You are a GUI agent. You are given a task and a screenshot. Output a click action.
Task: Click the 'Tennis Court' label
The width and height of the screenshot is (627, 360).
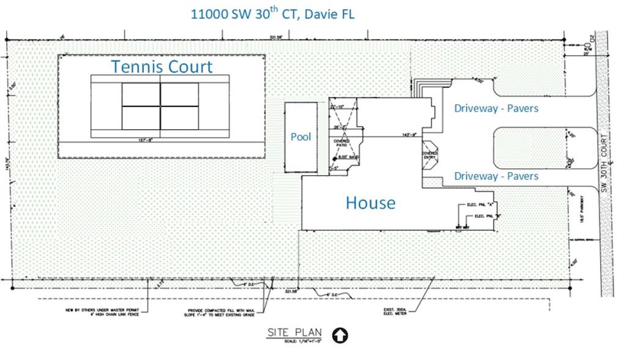[162, 66]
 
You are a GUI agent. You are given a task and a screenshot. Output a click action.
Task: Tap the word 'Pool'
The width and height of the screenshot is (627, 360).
[301, 137]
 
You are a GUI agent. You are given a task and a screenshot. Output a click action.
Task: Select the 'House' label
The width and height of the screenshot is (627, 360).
[370, 203]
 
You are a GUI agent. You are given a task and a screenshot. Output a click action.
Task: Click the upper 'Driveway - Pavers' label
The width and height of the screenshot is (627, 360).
[496, 108]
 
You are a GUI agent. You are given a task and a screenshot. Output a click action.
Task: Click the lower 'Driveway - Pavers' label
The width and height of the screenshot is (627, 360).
[496, 176]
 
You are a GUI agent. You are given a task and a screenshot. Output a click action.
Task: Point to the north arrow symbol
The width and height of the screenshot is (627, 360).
[337, 336]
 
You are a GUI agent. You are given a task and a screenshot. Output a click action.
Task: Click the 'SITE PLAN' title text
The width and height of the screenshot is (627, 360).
[294, 333]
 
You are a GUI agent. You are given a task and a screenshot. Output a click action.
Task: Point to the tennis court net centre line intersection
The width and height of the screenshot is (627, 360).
[160, 106]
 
